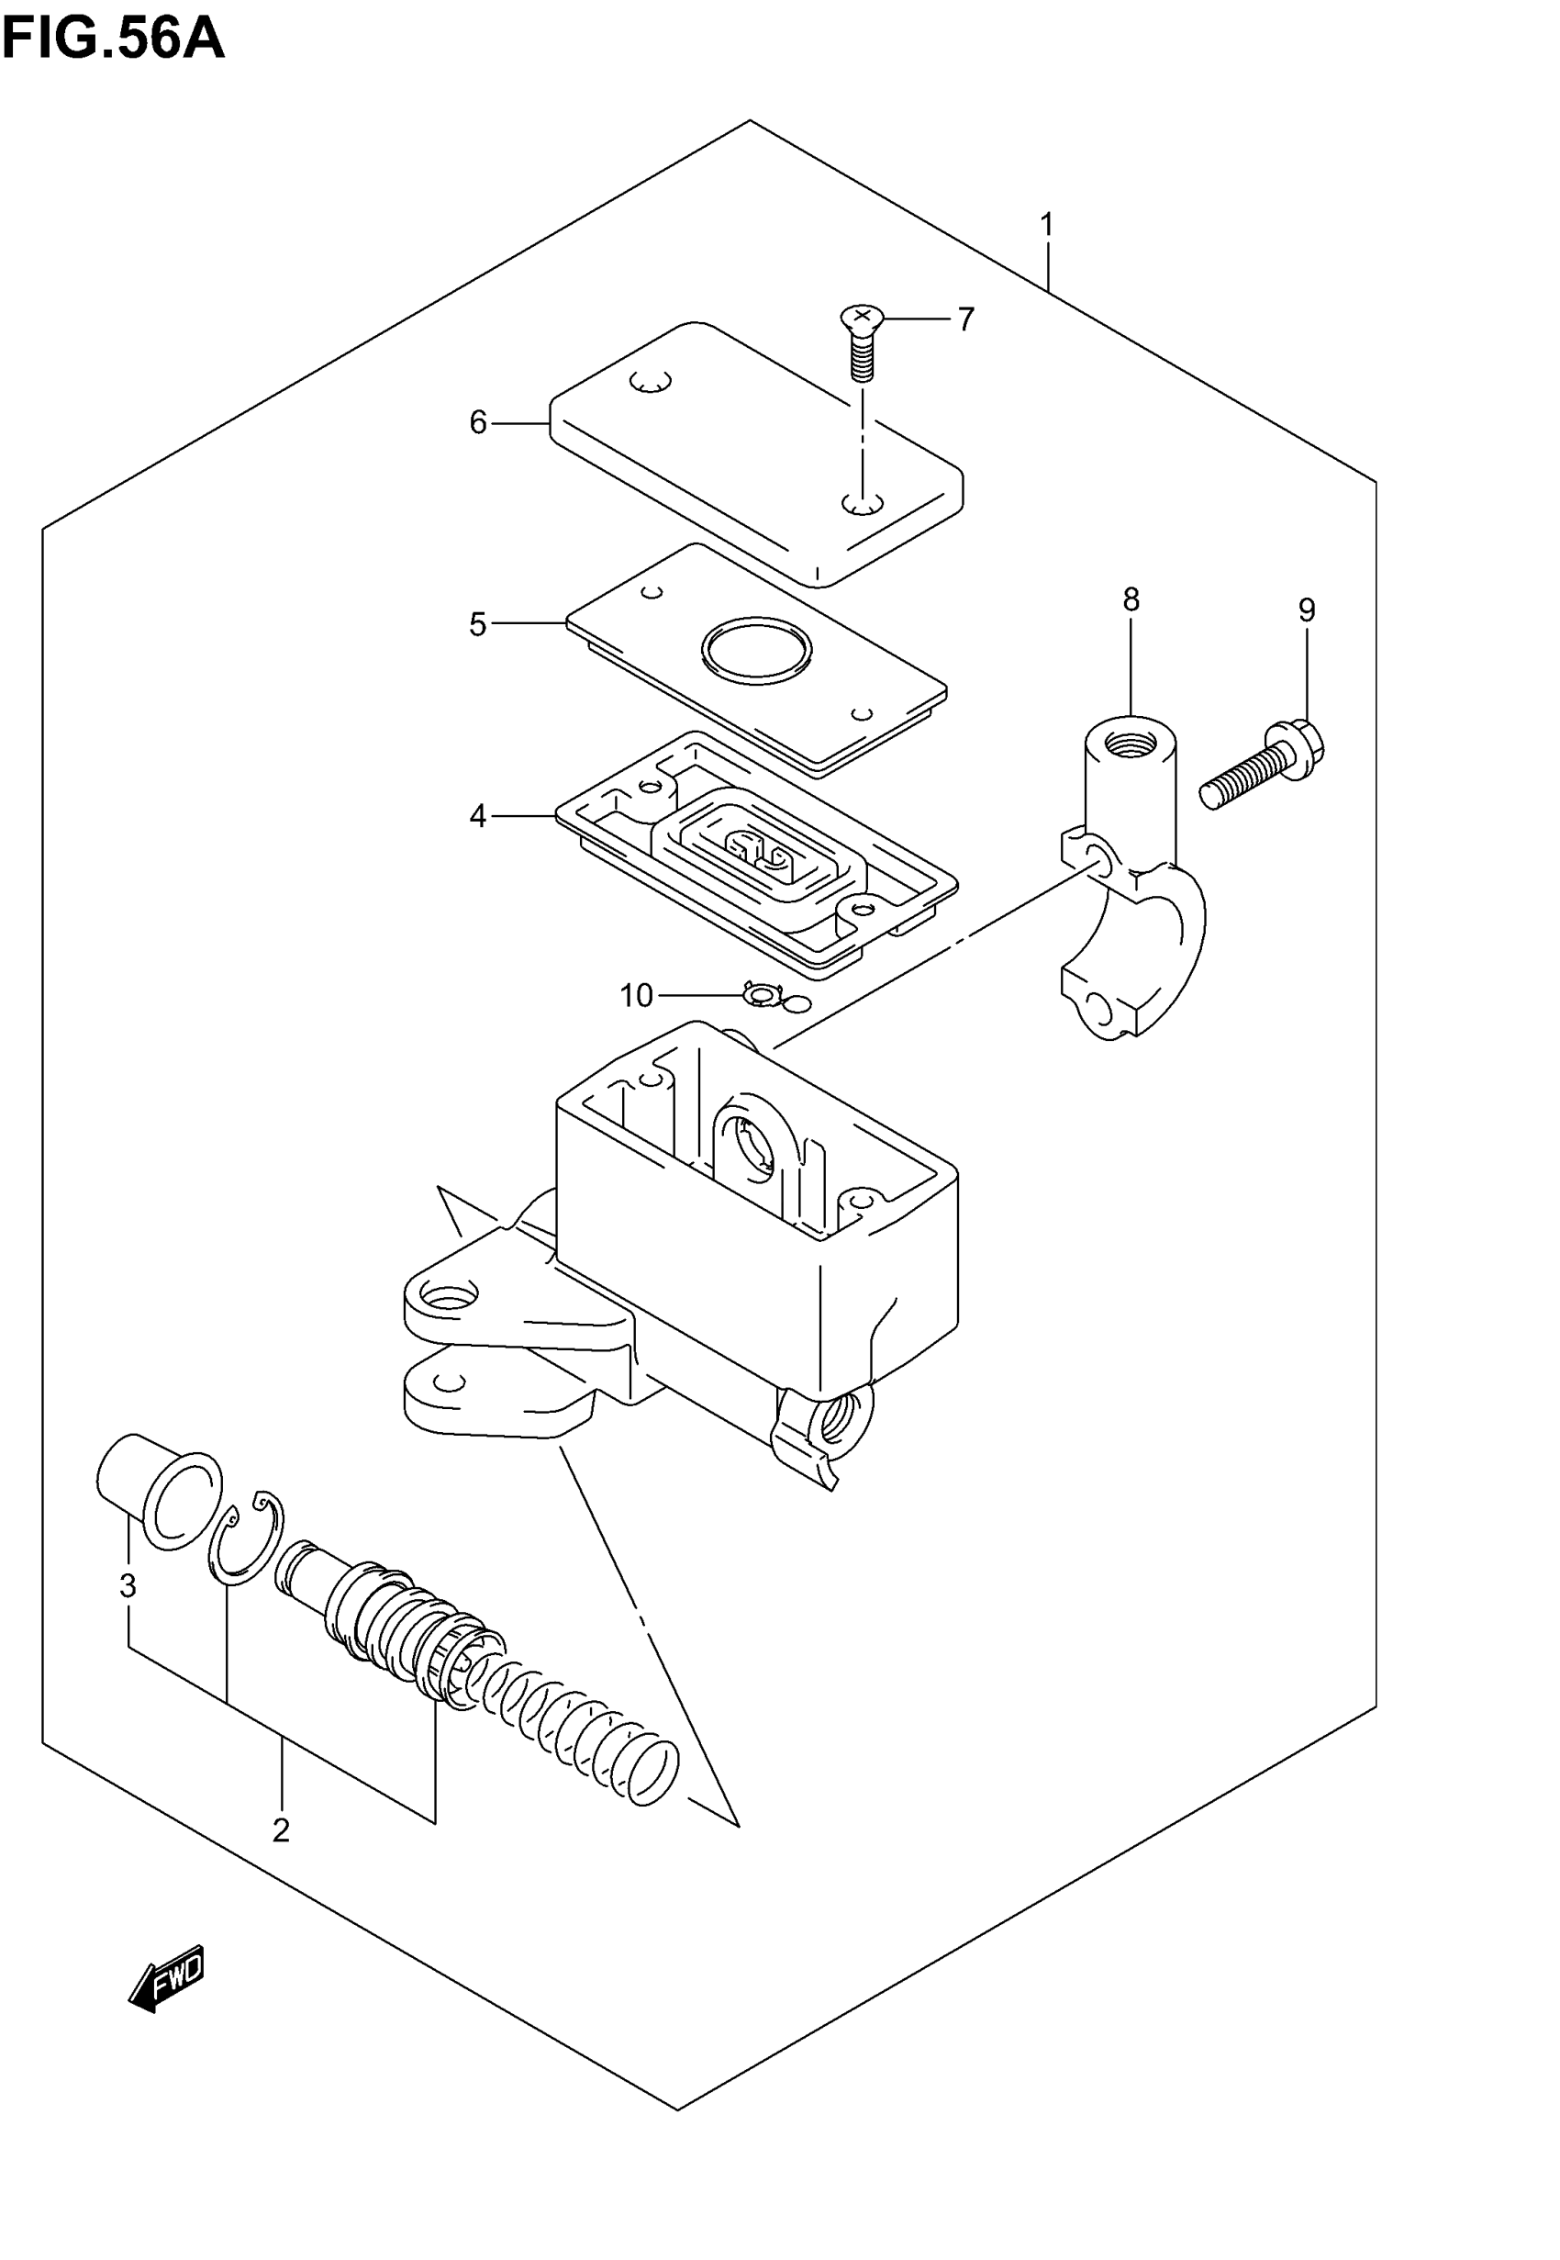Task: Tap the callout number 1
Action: [1047, 225]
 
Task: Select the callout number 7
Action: [965, 319]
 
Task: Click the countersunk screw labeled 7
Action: [861, 342]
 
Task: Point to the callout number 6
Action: [478, 422]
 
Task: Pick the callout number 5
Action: [478, 623]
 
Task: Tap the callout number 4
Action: [478, 815]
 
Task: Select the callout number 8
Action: [1131, 599]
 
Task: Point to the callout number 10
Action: [636, 995]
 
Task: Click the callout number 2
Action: [282, 1829]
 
